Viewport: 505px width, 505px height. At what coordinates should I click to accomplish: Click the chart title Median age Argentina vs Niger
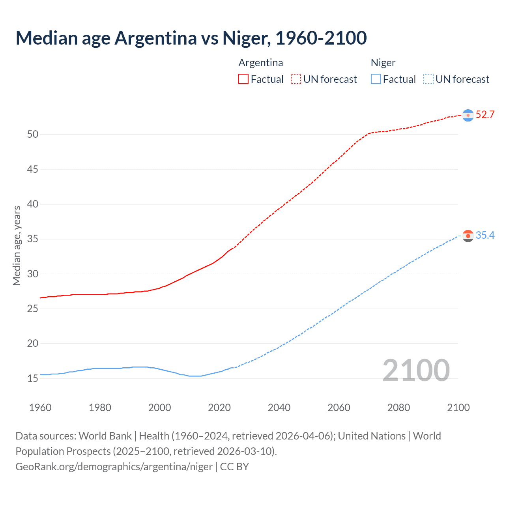click(191, 38)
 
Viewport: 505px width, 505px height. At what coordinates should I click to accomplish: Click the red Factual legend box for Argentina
click(243, 79)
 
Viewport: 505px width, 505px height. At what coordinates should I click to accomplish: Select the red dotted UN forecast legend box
click(296, 79)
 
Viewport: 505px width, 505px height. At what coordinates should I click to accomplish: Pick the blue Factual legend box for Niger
click(376, 79)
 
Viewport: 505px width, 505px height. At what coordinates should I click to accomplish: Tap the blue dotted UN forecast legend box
click(428, 79)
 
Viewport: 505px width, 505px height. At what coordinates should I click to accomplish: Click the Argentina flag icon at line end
click(468, 115)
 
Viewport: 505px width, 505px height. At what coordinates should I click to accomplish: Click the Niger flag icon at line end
click(468, 236)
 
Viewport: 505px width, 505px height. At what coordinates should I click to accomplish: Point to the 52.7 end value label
click(485, 115)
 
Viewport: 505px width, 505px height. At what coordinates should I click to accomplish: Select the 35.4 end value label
click(485, 236)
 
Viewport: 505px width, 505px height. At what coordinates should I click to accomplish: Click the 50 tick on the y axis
click(33, 135)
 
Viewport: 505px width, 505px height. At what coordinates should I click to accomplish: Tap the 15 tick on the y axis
click(33, 378)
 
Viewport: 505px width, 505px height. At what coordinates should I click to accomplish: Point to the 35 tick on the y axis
click(33, 239)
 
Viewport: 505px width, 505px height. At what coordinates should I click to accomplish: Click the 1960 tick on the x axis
click(40, 408)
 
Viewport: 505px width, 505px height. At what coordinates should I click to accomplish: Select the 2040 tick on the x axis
click(279, 408)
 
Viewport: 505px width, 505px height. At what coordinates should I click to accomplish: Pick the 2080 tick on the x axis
click(398, 408)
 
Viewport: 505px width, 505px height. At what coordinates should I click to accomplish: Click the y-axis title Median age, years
click(17, 245)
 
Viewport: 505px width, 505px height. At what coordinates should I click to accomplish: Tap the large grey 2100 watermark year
click(416, 370)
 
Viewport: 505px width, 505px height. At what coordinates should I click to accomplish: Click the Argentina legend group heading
click(260, 63)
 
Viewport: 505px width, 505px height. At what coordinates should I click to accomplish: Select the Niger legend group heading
click(383, 63)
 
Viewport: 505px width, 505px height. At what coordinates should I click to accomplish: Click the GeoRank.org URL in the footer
click(114, 467)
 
